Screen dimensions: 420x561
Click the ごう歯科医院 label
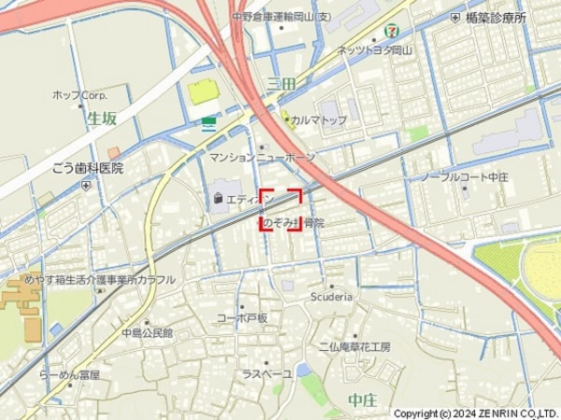[x=87, y=168]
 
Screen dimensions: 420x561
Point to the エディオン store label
[x=249, y=198]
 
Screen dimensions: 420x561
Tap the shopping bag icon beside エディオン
[x=218, y=198]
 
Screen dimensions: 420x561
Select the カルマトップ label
[x=318, y=120]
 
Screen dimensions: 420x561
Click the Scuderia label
[x=331, y=297]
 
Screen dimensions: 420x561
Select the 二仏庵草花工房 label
[x=354, y=346]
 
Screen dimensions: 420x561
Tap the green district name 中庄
[x=362, y=400]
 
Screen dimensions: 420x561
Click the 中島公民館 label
[x=147, y=333]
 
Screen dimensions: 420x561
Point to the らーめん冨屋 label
[x=69, y=375]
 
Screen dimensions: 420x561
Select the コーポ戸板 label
[x=242, y=318]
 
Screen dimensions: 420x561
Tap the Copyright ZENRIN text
[x=475, y=413]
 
